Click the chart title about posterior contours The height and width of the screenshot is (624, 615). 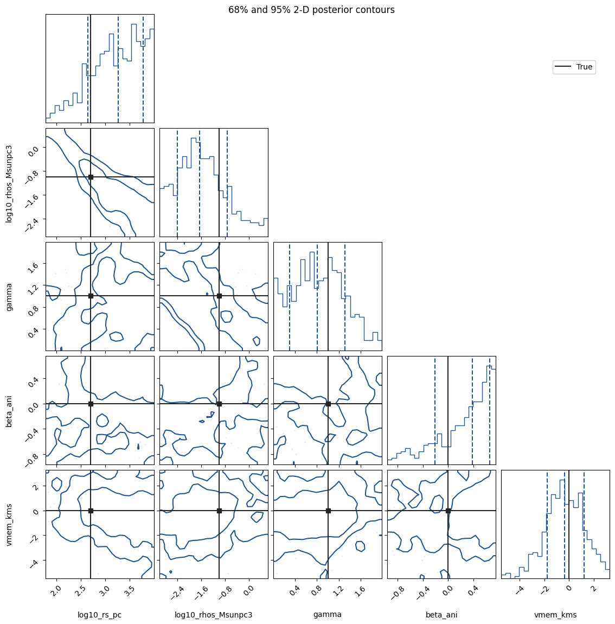311,10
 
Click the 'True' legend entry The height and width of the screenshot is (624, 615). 574,67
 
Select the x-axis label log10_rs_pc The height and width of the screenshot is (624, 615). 100,615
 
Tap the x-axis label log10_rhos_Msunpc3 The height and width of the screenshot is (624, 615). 214,615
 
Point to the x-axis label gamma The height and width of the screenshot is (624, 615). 328,615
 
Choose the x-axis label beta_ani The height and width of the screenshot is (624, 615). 441,615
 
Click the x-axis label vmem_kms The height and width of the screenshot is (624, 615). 555,615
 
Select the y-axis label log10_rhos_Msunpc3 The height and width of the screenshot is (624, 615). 10,183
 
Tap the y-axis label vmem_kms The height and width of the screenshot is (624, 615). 10,524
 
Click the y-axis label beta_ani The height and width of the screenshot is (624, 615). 10,411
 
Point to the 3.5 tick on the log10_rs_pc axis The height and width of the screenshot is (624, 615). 129,590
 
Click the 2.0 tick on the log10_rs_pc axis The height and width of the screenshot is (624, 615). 56,590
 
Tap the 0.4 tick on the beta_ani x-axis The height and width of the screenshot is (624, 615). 472,590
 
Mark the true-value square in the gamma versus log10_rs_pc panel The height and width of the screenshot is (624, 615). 91,296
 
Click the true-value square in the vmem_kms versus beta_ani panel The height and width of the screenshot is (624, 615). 448,511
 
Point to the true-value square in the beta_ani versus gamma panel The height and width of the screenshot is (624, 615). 328,404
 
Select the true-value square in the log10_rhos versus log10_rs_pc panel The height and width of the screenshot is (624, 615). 91,177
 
